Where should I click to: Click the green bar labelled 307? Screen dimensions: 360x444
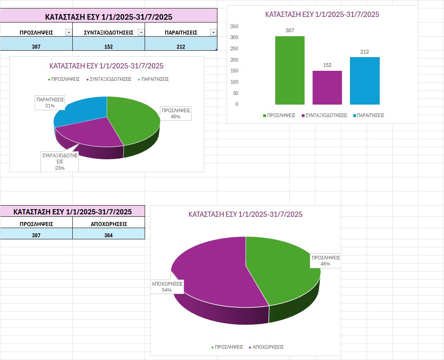[290, 70]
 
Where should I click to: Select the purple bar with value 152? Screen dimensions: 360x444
[327, 88]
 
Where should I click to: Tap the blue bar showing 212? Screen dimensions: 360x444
[364, 80]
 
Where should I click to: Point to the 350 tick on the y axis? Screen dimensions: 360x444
[234, 27]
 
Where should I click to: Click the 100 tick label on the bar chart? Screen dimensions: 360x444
[234, 82]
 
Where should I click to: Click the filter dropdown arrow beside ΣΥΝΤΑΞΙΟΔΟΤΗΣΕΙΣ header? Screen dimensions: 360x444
[141, 33]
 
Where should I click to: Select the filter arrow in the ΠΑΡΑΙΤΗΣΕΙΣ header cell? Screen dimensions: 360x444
[213, 33]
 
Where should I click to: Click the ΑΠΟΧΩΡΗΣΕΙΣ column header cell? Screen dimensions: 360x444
[108, 224]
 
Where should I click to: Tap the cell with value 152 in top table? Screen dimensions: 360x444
[108, 47]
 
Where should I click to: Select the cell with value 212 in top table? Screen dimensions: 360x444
[181, 47]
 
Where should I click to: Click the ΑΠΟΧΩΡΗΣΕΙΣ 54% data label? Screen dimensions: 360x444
[167, 286]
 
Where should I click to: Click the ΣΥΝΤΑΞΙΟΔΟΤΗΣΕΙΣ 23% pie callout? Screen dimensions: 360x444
[60, 161]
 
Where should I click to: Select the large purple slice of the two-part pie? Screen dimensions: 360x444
[213, 274]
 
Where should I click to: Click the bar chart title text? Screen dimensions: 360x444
[322, 14]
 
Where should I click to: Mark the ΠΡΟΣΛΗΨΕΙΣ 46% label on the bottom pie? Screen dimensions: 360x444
[325, 261]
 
